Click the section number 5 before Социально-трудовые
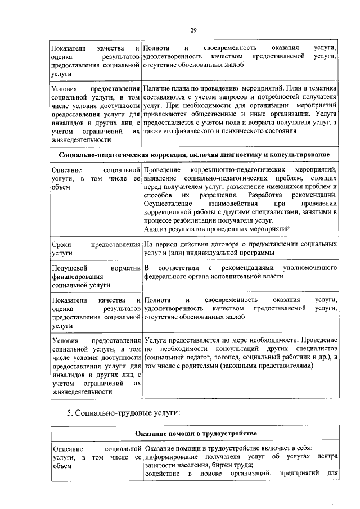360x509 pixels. [x=69, y=413]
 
